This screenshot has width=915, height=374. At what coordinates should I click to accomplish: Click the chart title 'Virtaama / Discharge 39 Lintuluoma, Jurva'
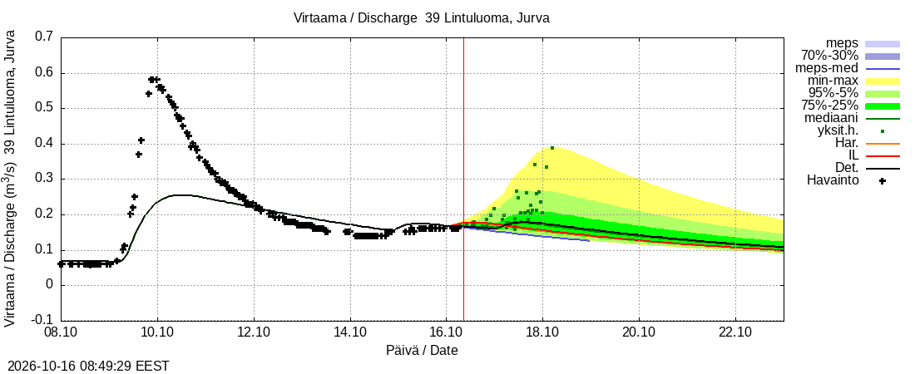422,18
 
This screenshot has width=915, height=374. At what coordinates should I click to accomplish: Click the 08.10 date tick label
62,334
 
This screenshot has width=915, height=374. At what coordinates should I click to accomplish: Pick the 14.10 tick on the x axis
350,334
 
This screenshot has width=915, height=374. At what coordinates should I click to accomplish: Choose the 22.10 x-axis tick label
735,334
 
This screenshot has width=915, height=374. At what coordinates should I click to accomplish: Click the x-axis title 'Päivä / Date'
422,351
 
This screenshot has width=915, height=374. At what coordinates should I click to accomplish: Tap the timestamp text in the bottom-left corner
85,367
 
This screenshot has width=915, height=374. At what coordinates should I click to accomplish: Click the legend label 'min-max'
833,81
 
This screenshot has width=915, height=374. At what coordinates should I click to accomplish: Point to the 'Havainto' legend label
833,181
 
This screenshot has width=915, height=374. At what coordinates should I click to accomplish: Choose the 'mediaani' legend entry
831,119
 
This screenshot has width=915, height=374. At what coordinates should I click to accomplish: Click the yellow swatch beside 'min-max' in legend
883,81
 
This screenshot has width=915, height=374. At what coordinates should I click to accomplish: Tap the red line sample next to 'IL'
883,155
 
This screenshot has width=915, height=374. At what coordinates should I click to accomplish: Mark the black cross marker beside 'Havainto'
883,181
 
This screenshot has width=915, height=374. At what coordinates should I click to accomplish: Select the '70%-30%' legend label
829,56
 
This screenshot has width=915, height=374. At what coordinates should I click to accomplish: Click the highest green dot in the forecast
552,148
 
